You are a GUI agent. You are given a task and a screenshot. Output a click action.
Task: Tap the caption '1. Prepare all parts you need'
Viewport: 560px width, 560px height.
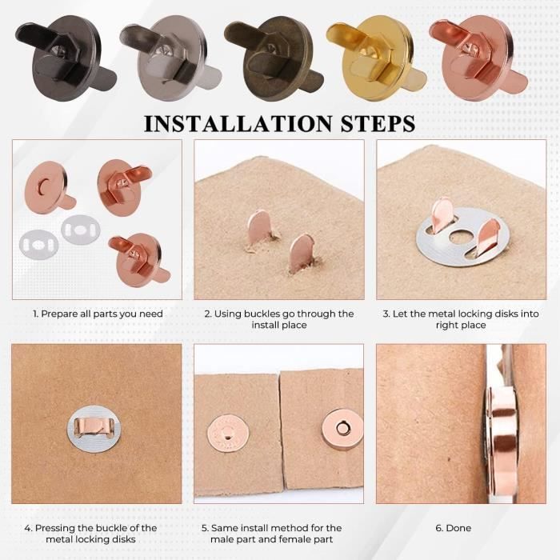(x=97, y=314)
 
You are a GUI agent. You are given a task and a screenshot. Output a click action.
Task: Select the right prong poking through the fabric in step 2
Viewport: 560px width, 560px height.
(x=302, y=254)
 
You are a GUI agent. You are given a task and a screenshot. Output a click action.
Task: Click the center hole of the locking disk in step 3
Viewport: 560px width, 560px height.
(x=460, y=237)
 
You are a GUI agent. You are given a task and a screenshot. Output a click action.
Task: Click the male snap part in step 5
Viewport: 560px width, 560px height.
(x=228, y=432)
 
